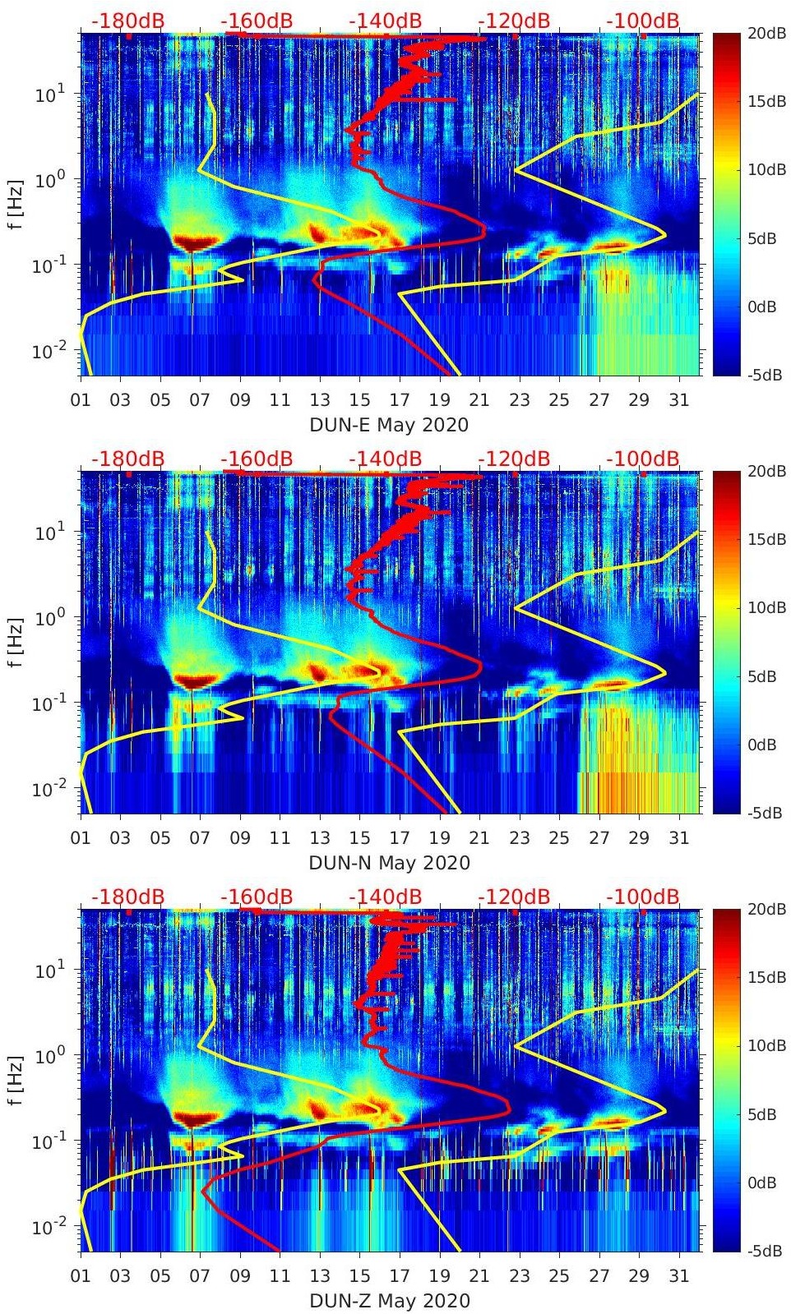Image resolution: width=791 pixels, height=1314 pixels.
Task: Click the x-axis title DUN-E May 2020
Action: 389,425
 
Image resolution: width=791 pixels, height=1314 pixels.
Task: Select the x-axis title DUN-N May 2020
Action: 389,863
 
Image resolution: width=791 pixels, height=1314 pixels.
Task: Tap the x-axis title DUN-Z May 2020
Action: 389,1301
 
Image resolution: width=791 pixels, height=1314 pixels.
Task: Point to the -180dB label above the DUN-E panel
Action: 127,20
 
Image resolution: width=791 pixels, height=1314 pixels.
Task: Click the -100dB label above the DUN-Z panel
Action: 643,896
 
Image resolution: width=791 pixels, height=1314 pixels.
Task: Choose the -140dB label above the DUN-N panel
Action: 386,458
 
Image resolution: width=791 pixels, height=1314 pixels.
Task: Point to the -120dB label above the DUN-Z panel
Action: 514,896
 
